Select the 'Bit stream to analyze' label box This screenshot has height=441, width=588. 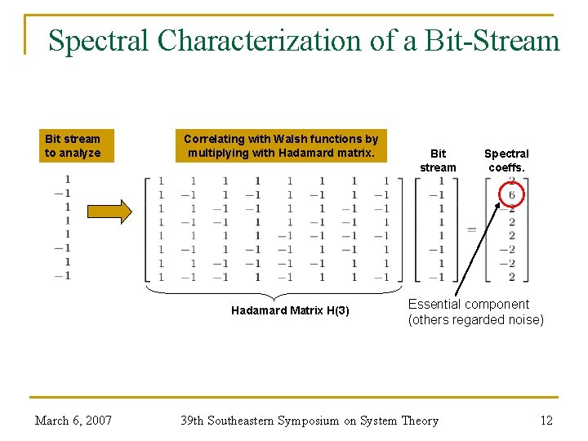click(x=73, y=146)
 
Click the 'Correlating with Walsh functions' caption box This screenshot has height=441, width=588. click(x=281, y=146)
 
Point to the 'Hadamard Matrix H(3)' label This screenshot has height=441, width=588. click(x=290, y=310)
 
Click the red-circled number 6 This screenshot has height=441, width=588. click(x=511, y=194)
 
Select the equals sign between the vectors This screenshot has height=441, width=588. click(x=471, y=229)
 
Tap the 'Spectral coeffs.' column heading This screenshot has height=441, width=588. click(x=506, y=160)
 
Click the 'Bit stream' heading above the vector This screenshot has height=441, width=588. click(x=438, y=160)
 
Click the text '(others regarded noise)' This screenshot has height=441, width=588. click(x=475, y=320)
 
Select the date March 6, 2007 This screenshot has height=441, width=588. click(x=73, y=421)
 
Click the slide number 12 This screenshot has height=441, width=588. click(x=546, y=421)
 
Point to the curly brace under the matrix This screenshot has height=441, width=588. click(x=274, y=292)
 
